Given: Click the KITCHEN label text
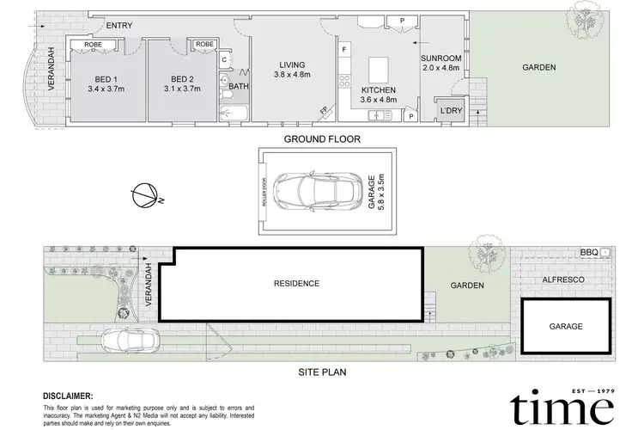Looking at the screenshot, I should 379,90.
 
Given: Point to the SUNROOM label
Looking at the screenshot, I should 441,58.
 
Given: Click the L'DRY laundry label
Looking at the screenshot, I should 451,112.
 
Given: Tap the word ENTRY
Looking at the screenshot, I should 119,25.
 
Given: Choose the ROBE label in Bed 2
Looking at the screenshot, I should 204,45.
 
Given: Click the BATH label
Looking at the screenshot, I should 238,86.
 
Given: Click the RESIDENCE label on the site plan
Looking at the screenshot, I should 296,284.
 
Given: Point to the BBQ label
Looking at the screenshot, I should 589,252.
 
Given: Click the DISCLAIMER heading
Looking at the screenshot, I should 68,395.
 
